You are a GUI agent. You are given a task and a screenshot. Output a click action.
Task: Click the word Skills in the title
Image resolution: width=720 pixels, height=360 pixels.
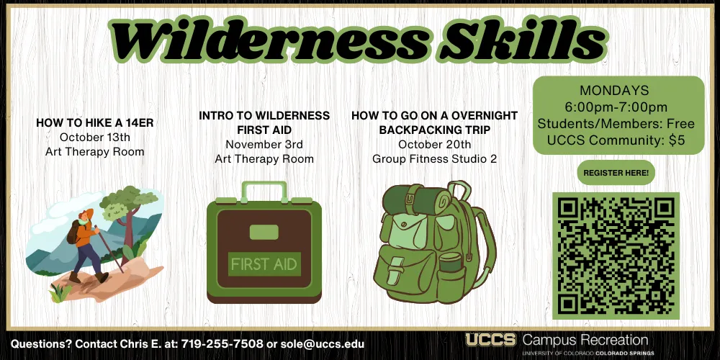[x=521, y=40]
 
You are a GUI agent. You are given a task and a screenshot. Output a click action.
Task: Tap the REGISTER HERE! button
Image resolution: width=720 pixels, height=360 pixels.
[x=616, y=173]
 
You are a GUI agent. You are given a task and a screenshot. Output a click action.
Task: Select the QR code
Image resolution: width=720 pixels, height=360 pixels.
[x=616, y=256]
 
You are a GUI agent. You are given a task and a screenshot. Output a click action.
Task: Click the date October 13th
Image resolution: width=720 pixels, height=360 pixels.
[x=94, y=137]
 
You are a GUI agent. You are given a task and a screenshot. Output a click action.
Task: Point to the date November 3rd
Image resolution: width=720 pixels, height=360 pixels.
[x=264, y=144]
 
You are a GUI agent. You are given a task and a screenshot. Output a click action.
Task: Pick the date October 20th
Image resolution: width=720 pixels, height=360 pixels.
[x=434, y=144]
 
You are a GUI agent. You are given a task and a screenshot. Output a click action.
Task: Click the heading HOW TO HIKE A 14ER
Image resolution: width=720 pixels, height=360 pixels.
[x=94, y=122]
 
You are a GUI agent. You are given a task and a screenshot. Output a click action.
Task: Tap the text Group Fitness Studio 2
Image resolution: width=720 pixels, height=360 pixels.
[x=434, y=159]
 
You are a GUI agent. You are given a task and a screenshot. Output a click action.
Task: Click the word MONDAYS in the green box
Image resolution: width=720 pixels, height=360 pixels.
[x=614, y=90]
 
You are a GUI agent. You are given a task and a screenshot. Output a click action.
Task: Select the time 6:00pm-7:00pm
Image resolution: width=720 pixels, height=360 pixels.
[x=616, y=107]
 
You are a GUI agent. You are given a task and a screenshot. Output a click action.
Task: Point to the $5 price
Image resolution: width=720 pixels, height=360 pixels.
[x=676, y=140]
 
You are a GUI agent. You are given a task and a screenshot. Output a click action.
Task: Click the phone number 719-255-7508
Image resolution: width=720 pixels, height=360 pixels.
[x=222, y=343]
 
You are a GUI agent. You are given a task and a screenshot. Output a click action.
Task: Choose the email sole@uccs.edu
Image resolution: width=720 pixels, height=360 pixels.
[x=322, y=343]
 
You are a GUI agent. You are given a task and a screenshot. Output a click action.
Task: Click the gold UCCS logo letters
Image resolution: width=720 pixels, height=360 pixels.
[x=491, y=341]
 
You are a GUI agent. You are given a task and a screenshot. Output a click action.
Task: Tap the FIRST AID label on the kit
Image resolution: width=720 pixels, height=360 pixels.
[x=264, y=264]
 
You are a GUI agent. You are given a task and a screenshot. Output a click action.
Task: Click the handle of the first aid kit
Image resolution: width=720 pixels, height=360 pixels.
[x=264, y=184]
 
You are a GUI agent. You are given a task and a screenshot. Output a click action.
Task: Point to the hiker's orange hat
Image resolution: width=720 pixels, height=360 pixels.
[x=87, y=214]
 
